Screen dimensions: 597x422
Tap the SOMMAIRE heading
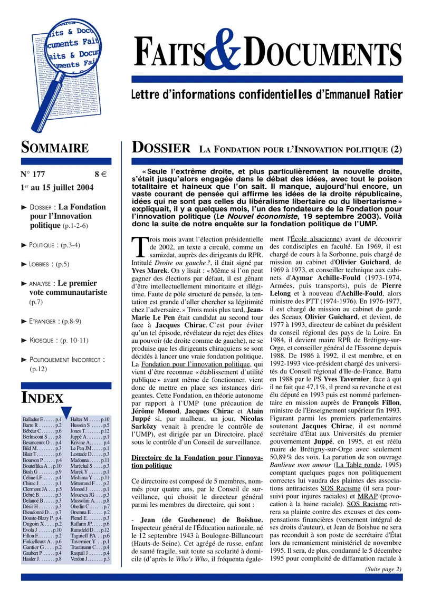(55, 148)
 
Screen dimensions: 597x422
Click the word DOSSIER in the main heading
(160, 148)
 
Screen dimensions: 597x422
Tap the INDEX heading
(42, 398)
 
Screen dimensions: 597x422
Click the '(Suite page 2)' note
(383, 564)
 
